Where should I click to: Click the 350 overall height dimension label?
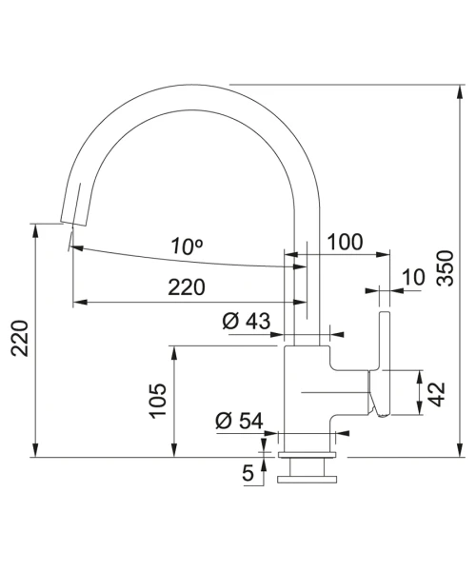coord(446,267)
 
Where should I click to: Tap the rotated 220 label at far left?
coord(20,338)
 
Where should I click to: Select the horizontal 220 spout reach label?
coord(187,287)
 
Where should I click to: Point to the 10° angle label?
coord(188,246)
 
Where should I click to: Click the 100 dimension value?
coord(346,242)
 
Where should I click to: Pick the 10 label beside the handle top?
coord(414,278)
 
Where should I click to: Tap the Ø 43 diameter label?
coord(247,322)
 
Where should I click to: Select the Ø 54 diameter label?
coord(239,421)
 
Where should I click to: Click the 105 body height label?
coord(158,401)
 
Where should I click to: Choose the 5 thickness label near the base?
coord(248,473)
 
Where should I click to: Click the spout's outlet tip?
coord(73,224)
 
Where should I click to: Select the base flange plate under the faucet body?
coord(307,455)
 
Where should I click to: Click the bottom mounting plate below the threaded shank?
coord(307,479)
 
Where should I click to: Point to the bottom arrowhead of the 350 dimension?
coord(461,450)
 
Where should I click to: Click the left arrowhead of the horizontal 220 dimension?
coord(80,302)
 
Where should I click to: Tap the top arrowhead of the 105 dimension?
coord(174,353)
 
